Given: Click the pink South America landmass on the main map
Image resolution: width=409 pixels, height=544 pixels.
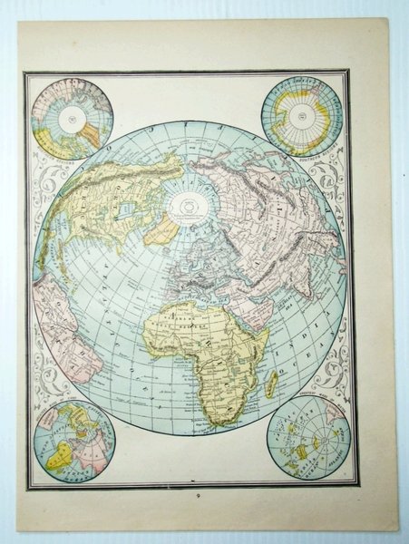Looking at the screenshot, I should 63,326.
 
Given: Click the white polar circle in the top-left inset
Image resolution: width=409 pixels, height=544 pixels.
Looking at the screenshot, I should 69,118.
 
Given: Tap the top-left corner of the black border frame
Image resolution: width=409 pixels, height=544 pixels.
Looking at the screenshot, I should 25,72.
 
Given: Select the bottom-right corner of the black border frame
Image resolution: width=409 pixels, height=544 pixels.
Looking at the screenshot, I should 359,488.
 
